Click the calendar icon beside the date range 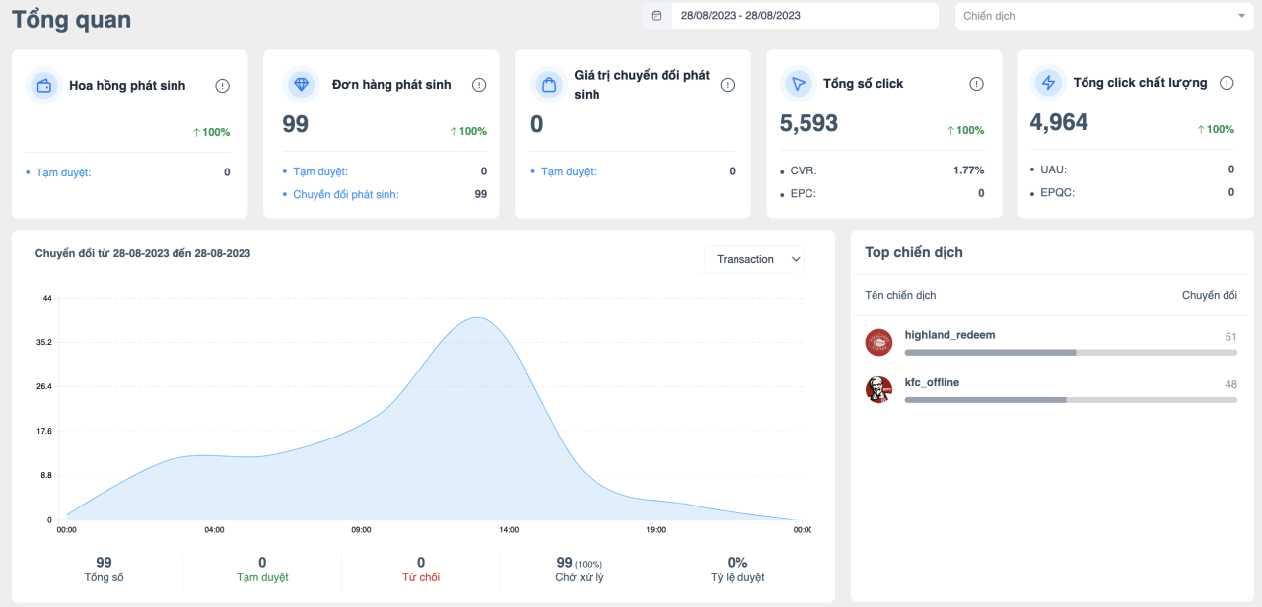656,15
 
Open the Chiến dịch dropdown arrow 1241,16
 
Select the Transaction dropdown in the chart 754,259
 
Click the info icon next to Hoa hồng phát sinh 222,86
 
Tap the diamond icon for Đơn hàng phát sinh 302,85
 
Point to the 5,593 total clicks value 808,123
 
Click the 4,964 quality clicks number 1059,122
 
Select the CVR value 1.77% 968,170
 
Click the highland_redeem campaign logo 878,342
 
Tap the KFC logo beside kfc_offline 878,389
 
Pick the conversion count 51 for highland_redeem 1230,337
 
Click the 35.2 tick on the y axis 44,342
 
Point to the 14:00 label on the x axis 509,530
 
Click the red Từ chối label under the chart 421,577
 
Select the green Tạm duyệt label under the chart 262,577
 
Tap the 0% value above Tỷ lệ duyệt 736,562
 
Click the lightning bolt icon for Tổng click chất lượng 1048,83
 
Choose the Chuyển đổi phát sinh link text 346,194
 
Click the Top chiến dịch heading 914,252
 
